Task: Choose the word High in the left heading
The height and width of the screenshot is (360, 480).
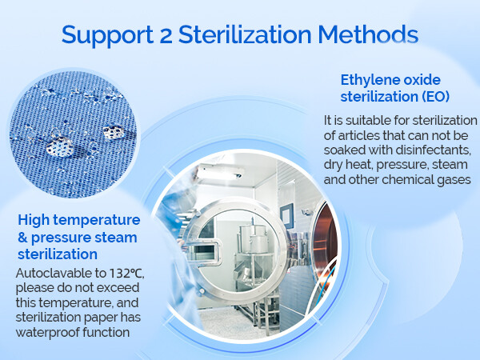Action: click(x=33, y=219)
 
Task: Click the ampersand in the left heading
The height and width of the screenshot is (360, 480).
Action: click(x=22, y=237)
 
